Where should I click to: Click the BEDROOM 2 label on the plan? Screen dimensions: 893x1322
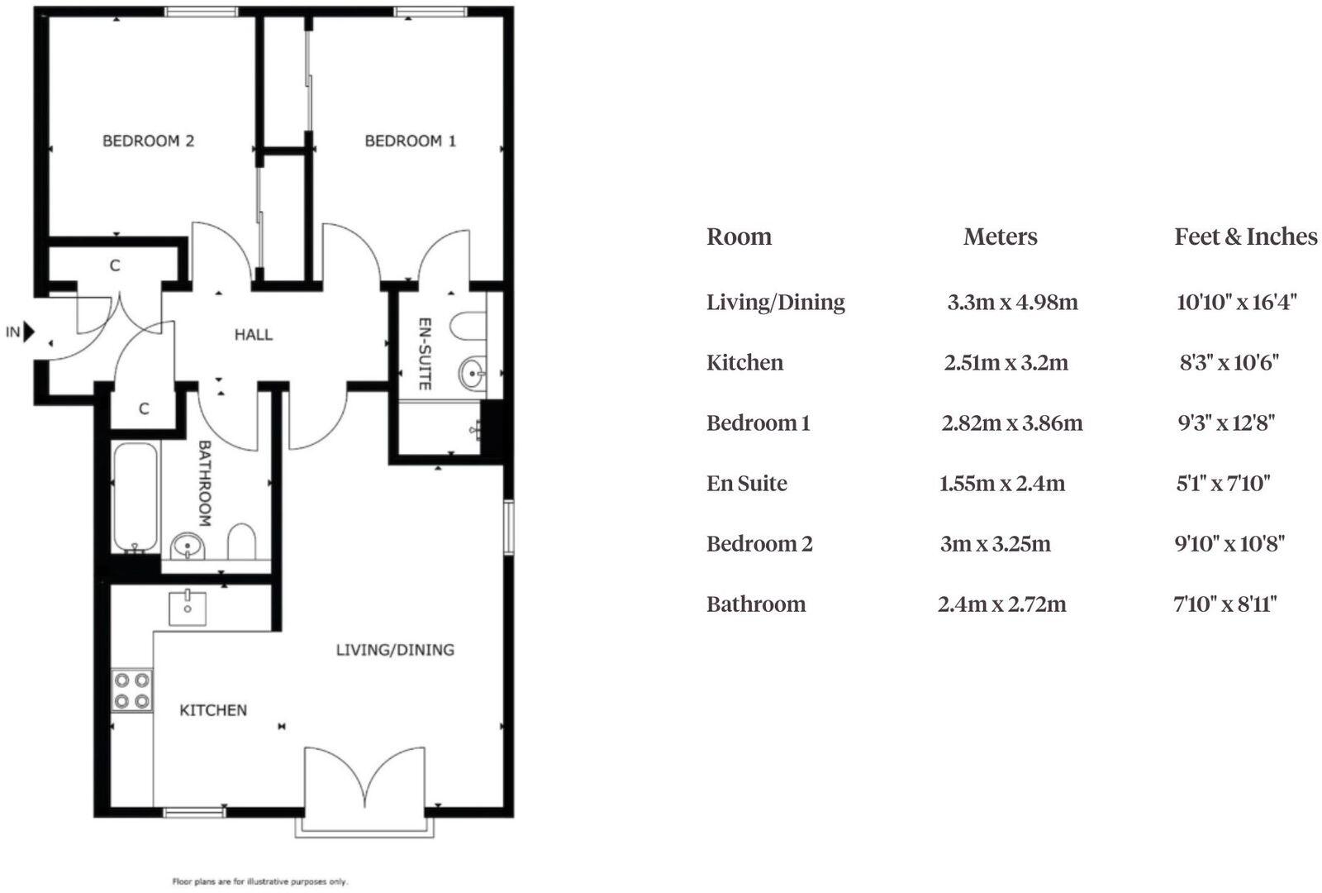(x=148, y=141)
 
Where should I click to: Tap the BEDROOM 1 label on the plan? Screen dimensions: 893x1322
(x=410, y=141)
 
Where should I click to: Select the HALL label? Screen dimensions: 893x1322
(x=253, y=335)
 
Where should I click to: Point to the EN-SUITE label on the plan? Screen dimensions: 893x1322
(x=424, y=354)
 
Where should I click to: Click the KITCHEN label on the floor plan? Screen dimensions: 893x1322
(x=213, y=710)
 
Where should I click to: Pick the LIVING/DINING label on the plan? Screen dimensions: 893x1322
(x=395, y=650)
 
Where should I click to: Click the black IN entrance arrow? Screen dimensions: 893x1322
(x=29, y=332)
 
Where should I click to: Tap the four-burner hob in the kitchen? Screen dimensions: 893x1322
(x=132, y=691)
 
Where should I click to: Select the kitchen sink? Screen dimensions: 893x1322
(x=188, y=608)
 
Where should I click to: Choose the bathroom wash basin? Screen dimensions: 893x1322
(x=188, y=547)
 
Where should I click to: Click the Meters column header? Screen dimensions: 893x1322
(x=1000, y=237)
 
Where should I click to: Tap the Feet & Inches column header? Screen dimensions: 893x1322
(x=1245, y=237)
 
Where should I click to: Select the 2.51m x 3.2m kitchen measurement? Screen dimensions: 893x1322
(x=1006, y=363)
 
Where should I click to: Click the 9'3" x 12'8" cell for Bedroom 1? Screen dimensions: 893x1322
(x=1226, y=423)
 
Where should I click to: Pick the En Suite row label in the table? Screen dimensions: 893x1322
(x=746, y=484)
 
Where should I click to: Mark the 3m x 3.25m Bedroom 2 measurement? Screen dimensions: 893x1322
(x=995, y=544)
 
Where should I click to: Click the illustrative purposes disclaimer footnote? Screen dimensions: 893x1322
(x=259, y=881)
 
